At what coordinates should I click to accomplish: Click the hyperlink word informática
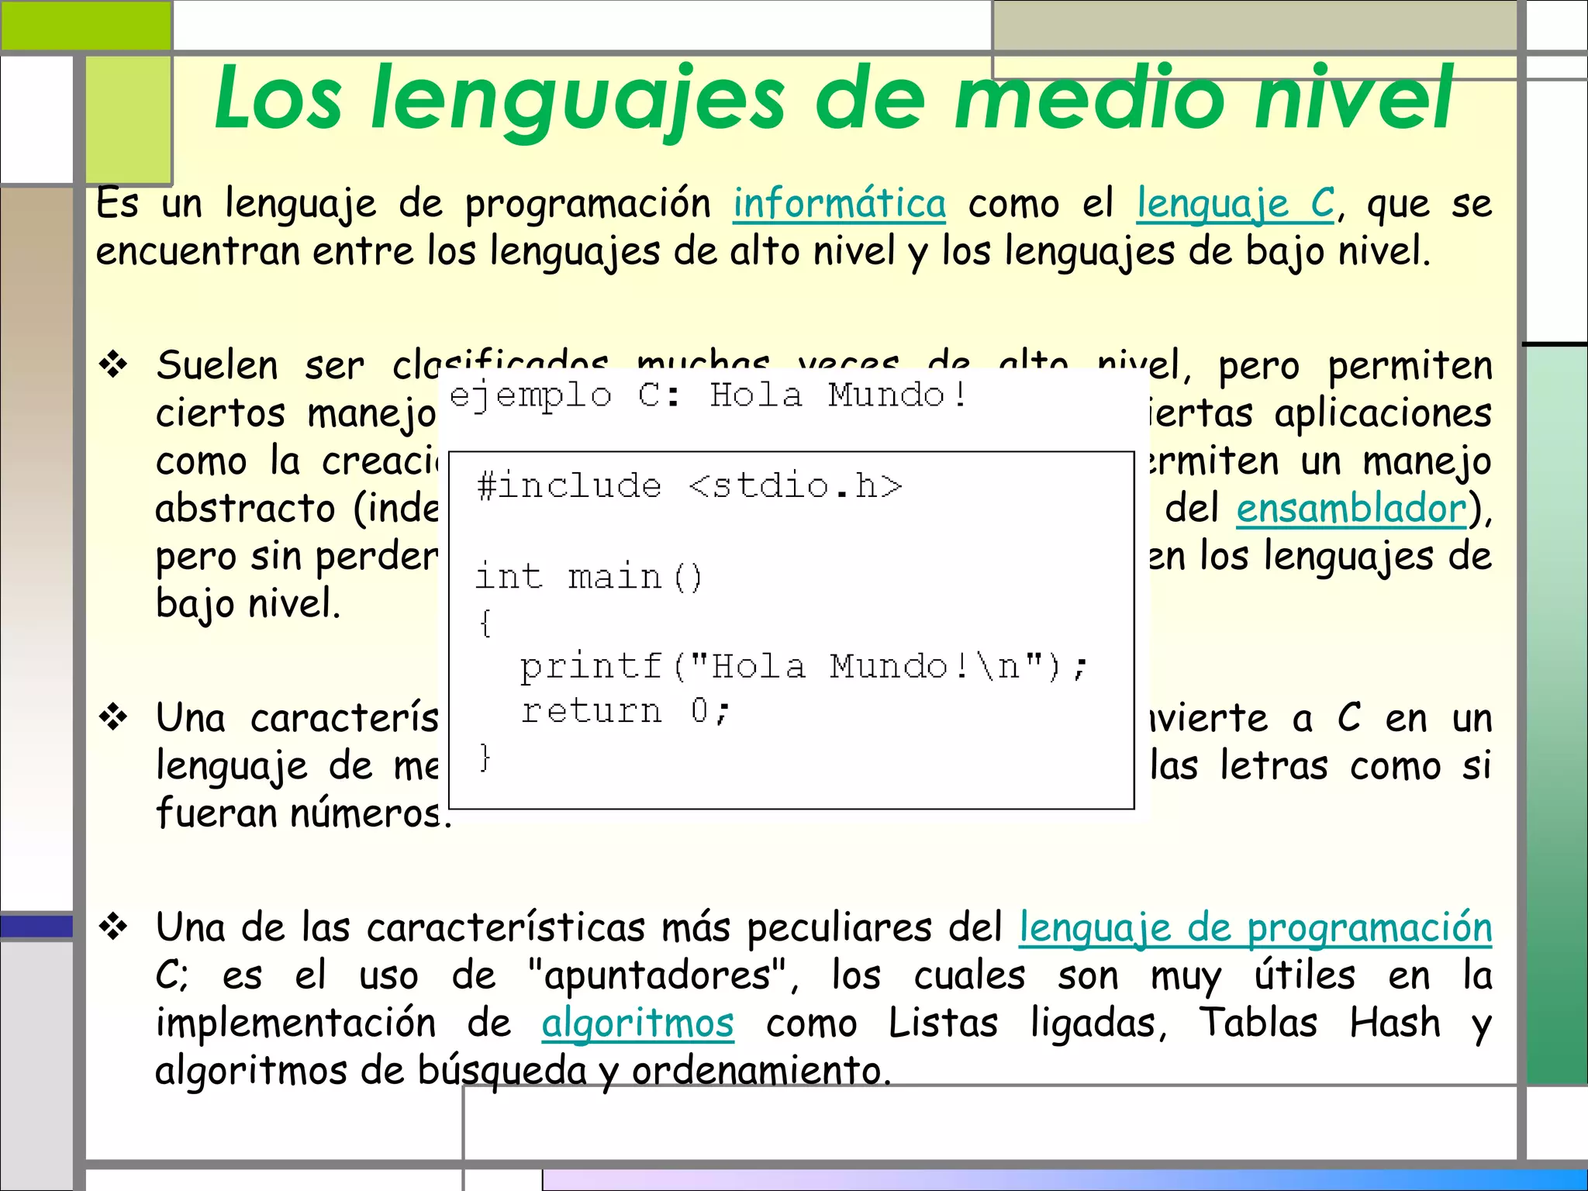tap(839, 204)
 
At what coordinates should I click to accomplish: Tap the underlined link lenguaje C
tap(1235, 204)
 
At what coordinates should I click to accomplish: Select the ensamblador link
tap(1352, 509)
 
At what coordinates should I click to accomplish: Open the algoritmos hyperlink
tap(637, 1023)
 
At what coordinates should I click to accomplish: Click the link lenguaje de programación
tap(1255, 927)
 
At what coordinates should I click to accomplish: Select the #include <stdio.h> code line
tap(689, 486)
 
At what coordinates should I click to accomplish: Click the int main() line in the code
tap(589, 577)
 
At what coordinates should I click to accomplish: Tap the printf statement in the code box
tap(804, 667)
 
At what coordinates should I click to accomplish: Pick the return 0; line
tap(625, 711)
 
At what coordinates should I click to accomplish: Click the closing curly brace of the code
tap(485, 757)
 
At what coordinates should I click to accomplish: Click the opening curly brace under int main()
tap(485, 623)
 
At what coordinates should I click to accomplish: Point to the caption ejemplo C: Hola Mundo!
tap(708, 396)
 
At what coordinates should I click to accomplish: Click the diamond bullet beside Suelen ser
tap(114, 364)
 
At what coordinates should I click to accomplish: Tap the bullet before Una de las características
tap(114, 927)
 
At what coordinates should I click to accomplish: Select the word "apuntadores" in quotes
tap(657, 975)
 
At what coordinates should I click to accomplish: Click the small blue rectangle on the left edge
tap(36, 927)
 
